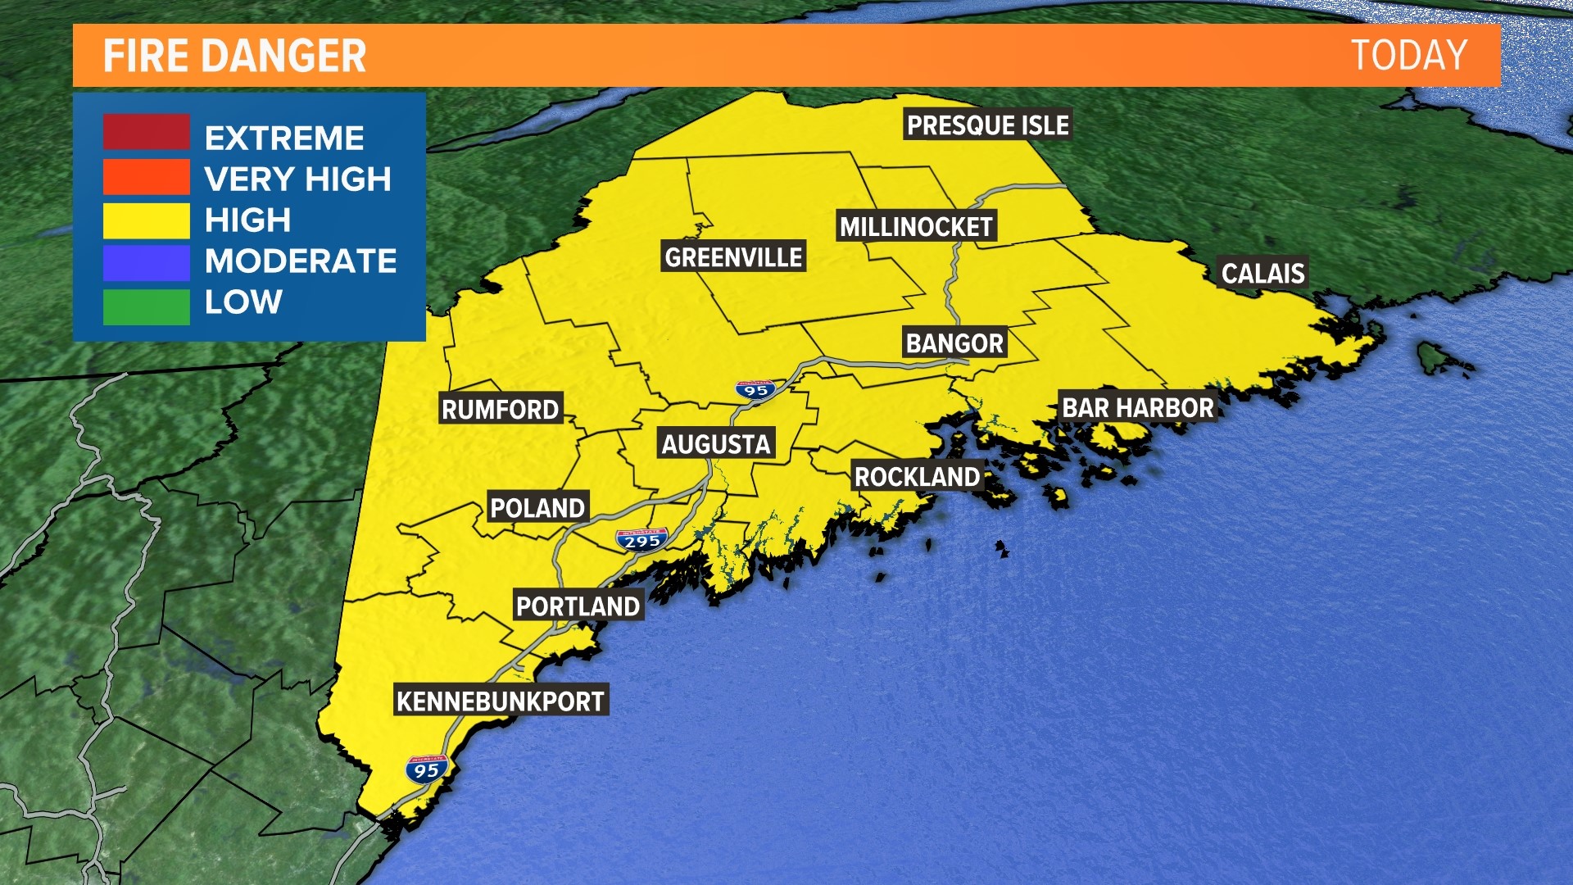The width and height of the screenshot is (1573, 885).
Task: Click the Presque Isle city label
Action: point(987,125)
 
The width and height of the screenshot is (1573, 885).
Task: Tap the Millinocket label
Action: point(916,226)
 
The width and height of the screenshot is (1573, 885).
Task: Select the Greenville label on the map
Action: point(733,257)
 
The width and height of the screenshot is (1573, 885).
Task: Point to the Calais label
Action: point(1262,273)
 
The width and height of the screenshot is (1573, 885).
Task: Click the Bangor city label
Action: point(954,343)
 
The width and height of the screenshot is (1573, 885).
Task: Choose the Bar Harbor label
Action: point(1138,407)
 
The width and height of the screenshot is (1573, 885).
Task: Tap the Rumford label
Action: point(500,409)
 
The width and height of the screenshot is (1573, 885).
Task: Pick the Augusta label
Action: point(716,444)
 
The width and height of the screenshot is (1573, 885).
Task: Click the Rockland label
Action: point(917,476)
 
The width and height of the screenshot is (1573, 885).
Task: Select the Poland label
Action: point(537,507)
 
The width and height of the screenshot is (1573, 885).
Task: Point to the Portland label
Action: point(578,606)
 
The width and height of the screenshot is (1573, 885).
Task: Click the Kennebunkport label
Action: point(501,701)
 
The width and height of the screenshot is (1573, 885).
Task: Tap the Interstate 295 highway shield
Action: point(641,540)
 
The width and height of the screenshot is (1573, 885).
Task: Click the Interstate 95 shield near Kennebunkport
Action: point(427,769)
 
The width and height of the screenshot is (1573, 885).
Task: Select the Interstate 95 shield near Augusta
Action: point(755,390)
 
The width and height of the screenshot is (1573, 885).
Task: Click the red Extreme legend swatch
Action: point(146,133)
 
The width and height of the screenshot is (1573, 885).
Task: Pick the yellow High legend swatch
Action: point(146,220)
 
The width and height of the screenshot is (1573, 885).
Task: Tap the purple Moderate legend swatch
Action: point(146,263)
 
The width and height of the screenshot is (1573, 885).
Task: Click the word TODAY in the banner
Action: point(1408,56)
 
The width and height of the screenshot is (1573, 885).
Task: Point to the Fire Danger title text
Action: point(234,56)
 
